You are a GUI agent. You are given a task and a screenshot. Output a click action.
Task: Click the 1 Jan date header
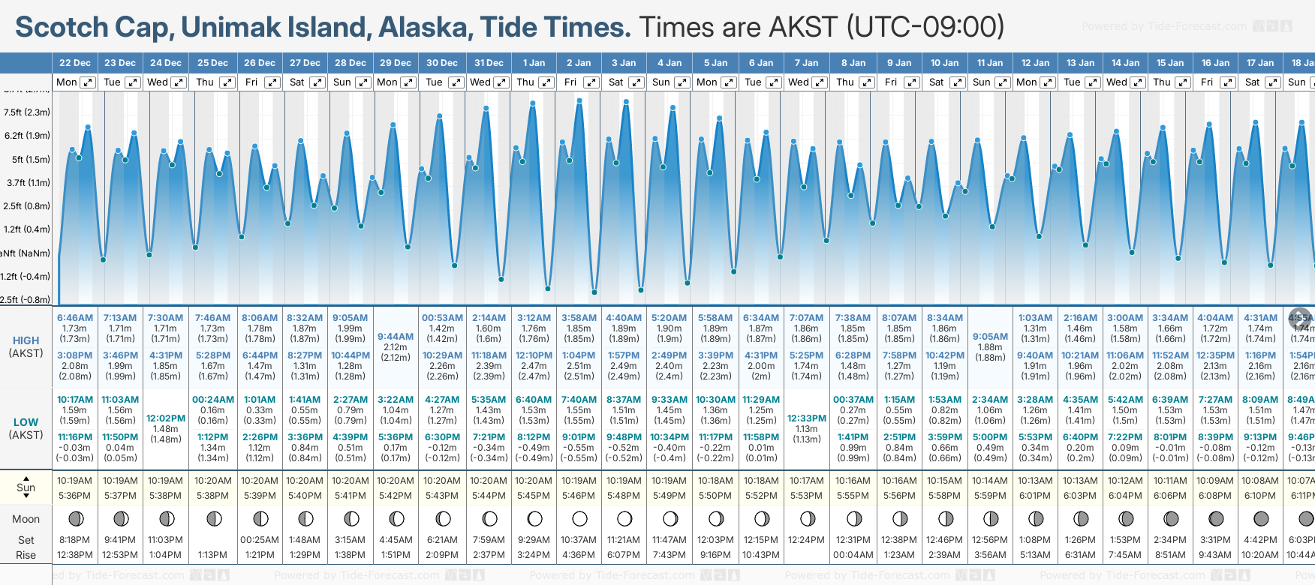pos(534,63)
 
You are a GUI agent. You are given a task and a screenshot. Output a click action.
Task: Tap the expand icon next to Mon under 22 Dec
pos(88,82)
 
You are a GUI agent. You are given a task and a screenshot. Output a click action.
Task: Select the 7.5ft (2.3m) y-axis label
pos(27,112)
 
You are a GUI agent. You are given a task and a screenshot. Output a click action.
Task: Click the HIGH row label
pos(26,340)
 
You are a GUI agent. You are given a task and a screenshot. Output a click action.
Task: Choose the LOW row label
pos(26,422)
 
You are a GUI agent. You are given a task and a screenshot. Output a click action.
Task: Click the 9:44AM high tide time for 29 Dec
pos(396,337)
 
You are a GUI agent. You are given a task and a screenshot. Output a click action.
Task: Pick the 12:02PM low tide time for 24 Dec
pos(166,418)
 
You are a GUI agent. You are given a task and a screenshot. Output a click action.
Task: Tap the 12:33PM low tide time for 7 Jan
pos(807,418)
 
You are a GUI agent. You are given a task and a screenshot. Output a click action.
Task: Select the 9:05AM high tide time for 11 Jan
pos(990,337)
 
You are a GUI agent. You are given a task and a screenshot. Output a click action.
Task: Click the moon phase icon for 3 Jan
pos(624,519)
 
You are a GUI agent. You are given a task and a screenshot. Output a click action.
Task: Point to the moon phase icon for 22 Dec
pos(75,519)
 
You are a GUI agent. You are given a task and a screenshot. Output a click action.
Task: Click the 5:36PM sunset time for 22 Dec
pos(75,496)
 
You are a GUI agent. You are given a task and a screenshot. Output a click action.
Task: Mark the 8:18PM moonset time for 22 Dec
pos(75,540)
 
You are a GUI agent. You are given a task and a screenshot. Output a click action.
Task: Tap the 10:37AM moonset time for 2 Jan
pos(579,540)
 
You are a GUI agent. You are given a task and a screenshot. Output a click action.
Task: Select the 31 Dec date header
pos(489,63)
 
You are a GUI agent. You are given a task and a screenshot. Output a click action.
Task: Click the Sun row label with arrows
pos(26,487)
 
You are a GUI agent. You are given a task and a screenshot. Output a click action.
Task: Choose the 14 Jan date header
pos(1125,63)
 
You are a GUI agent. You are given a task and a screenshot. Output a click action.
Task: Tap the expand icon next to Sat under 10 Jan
pos(958,82)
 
